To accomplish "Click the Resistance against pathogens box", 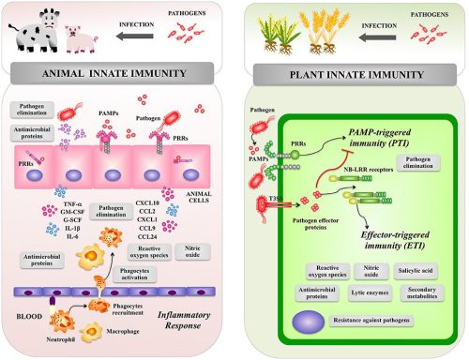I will click(x=389, y=322).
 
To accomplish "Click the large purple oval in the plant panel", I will click(x=310, y=322).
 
